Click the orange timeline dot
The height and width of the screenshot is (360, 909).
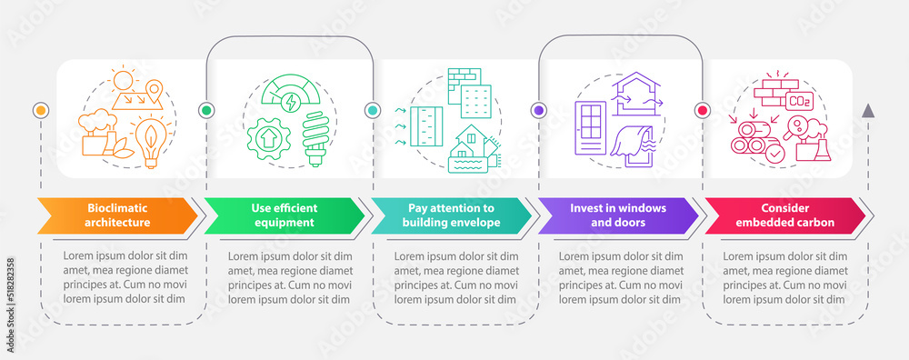pyautogui.click(x=39, y=110)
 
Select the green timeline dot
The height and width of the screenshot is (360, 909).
pyautogui.click(x=205, y=110)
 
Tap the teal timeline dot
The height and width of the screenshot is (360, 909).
pyautogui.click(x=372, y=110)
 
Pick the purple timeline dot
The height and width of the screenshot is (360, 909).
pyautogui.click(x=538, y=110)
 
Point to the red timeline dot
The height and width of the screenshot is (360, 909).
pyautogui.click(x=702, y=110)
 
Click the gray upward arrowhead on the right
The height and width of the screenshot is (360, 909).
pyautogui.click(x=867, y=111)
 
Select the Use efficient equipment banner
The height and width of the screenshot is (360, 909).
pyautogui.click(x=284, y=215)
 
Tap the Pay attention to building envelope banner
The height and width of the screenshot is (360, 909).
pyautogui.click(x=450, y=215)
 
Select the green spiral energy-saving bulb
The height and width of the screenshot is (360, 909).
pyautogui.click(x=313, y=137)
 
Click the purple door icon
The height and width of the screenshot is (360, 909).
pyautogui.click(x=592, y=128)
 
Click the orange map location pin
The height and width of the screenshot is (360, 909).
pyautogui.click(x=156, y=91)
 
